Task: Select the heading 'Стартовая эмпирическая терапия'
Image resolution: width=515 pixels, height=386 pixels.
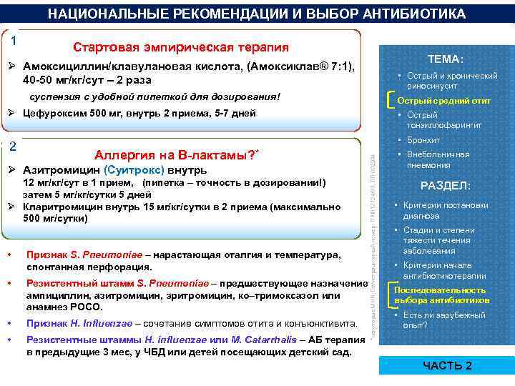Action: [x=181, y=47]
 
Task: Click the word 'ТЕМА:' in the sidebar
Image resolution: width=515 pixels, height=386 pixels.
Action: [x=445, y=59]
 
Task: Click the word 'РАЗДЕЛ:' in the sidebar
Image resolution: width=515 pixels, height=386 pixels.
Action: [x=445, y=186]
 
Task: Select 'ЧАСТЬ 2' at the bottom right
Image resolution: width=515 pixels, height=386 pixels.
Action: [x=448, y=365]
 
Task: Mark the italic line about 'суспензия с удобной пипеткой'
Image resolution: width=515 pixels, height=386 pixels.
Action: [x=154, y=96]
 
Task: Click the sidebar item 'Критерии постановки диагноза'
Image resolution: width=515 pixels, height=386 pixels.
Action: [x=446, y=211]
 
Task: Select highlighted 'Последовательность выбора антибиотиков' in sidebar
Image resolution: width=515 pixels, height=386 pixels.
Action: [x=440, y=295]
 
